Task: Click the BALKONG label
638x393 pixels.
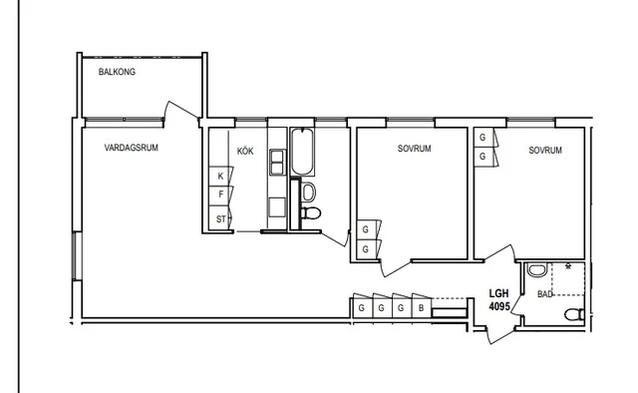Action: [x=117, y=72]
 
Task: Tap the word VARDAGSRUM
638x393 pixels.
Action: [x=131, y=148]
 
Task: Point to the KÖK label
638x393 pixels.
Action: [x=245, y=151]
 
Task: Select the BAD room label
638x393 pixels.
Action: [x=545, y=294]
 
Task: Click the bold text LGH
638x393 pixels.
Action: [x=498, y=293]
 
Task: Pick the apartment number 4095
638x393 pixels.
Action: [x=499, y=306]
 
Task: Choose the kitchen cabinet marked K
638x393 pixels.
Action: [x=219, y=176]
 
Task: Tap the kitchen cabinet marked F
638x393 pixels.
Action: [x=219, y=196]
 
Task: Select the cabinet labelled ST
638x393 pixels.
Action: [x=219, y=219]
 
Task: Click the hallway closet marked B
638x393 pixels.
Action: [x=422, y=308]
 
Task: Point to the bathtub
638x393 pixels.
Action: [x=302, y=152]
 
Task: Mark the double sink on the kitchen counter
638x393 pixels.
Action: [x=277, y=162]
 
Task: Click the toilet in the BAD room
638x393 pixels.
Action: [x=574, y=314]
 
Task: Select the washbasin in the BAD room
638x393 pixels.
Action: [x=537, y=270]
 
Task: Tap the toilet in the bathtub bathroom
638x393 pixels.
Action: [x=311, y=212]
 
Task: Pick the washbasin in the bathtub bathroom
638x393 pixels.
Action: [x=308, y=192]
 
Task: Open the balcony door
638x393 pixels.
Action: [x=181, y=110]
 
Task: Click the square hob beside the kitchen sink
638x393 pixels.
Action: [x=277, y=207]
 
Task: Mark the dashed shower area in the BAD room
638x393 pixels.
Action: [x=568, y=279]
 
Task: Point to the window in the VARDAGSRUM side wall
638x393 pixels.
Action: [x=77, y=255]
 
